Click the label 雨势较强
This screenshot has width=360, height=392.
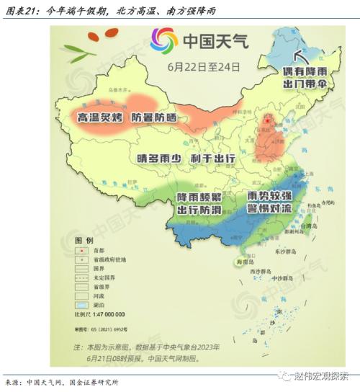[x=270, y=196]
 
